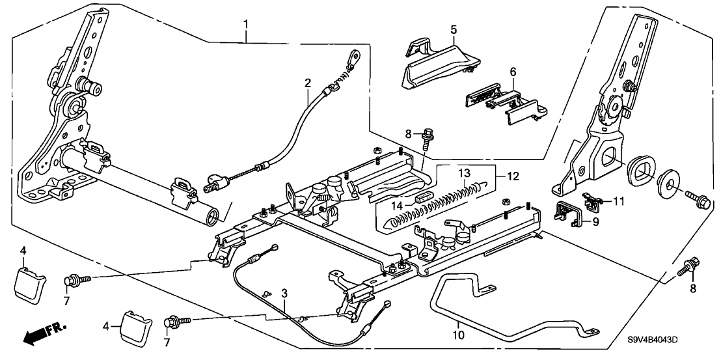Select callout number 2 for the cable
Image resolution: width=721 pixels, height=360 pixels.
308,83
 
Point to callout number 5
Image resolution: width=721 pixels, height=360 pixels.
454,29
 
